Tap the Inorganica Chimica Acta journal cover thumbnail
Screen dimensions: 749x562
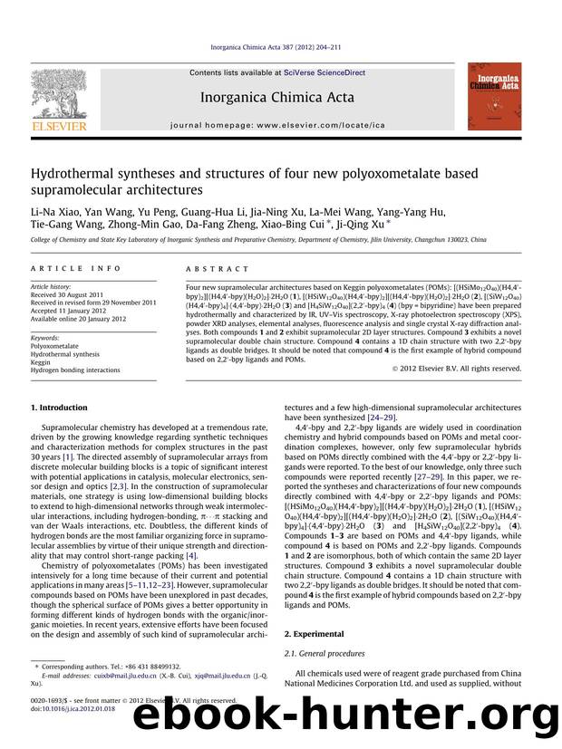tap(492, 94)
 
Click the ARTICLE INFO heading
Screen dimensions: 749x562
tap(63, 269)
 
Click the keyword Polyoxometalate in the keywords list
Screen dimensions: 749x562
tap(56, 346)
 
